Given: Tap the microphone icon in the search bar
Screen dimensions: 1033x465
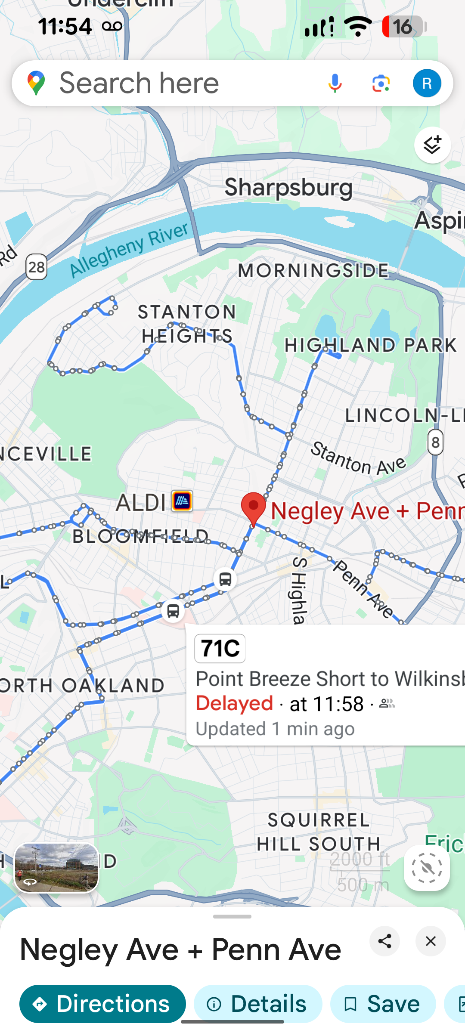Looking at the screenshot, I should coord(335,83).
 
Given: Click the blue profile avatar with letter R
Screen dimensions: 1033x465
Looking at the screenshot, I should coord(427,83).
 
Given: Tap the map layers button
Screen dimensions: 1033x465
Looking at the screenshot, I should coord(432,145).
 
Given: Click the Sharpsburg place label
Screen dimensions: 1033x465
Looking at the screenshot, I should coord(288,188).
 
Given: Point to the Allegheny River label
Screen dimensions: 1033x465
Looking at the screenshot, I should coord(129,250).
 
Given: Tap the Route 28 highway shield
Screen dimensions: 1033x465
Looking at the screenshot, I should coord(37,267).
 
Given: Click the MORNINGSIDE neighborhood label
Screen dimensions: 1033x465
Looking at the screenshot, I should coord(313,271).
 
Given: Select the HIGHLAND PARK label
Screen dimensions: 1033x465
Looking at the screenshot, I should coord(370,345).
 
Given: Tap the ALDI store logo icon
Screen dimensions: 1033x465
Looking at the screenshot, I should coord(182,501).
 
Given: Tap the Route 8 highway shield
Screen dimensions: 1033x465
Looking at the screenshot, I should coord(435,442).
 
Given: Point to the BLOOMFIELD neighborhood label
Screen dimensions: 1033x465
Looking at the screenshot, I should coord(140,536).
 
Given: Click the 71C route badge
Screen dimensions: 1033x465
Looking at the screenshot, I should coord(220,648).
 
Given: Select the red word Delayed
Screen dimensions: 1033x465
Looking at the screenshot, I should coord(235,703).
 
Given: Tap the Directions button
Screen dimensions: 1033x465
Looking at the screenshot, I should coord(102,1004).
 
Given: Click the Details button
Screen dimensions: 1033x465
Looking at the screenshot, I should coord(258,1004).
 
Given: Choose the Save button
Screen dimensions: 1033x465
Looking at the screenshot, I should coord(383,1004).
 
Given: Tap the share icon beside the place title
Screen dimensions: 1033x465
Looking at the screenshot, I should coord(384,941).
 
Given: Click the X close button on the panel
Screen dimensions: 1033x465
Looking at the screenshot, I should coord(431,941).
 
